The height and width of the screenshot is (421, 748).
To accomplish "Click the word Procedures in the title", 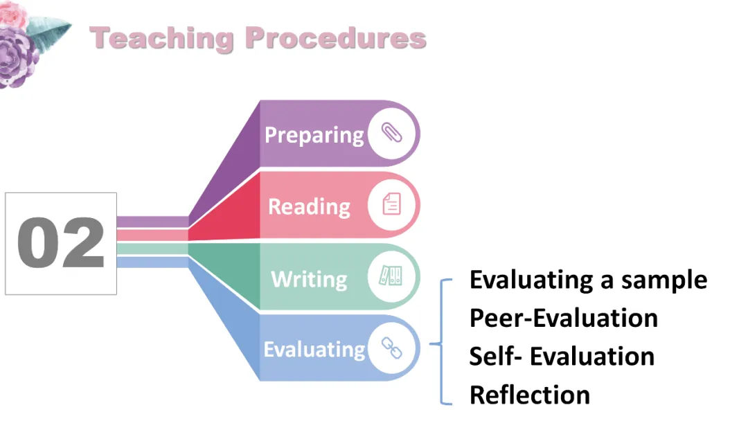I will tap(336, 39).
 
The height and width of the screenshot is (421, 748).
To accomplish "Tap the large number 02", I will tap(61, 244).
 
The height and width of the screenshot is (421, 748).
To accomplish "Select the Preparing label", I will tap(314, 134).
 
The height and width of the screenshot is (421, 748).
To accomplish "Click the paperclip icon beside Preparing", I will tap(392, 134).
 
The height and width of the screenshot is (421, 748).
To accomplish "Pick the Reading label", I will tap(309, 206).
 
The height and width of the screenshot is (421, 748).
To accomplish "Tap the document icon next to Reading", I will tap(392, 205).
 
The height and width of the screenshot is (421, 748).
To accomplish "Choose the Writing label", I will tap(309, 279).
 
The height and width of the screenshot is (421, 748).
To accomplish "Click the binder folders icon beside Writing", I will tap(392, 277).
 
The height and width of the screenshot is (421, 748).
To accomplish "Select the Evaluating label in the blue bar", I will tap(314, 349).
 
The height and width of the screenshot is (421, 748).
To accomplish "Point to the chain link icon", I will tap(392, 348).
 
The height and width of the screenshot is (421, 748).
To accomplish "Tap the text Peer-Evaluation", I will tap(563, 318).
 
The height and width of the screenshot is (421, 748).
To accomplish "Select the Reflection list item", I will tap(529, 395).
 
